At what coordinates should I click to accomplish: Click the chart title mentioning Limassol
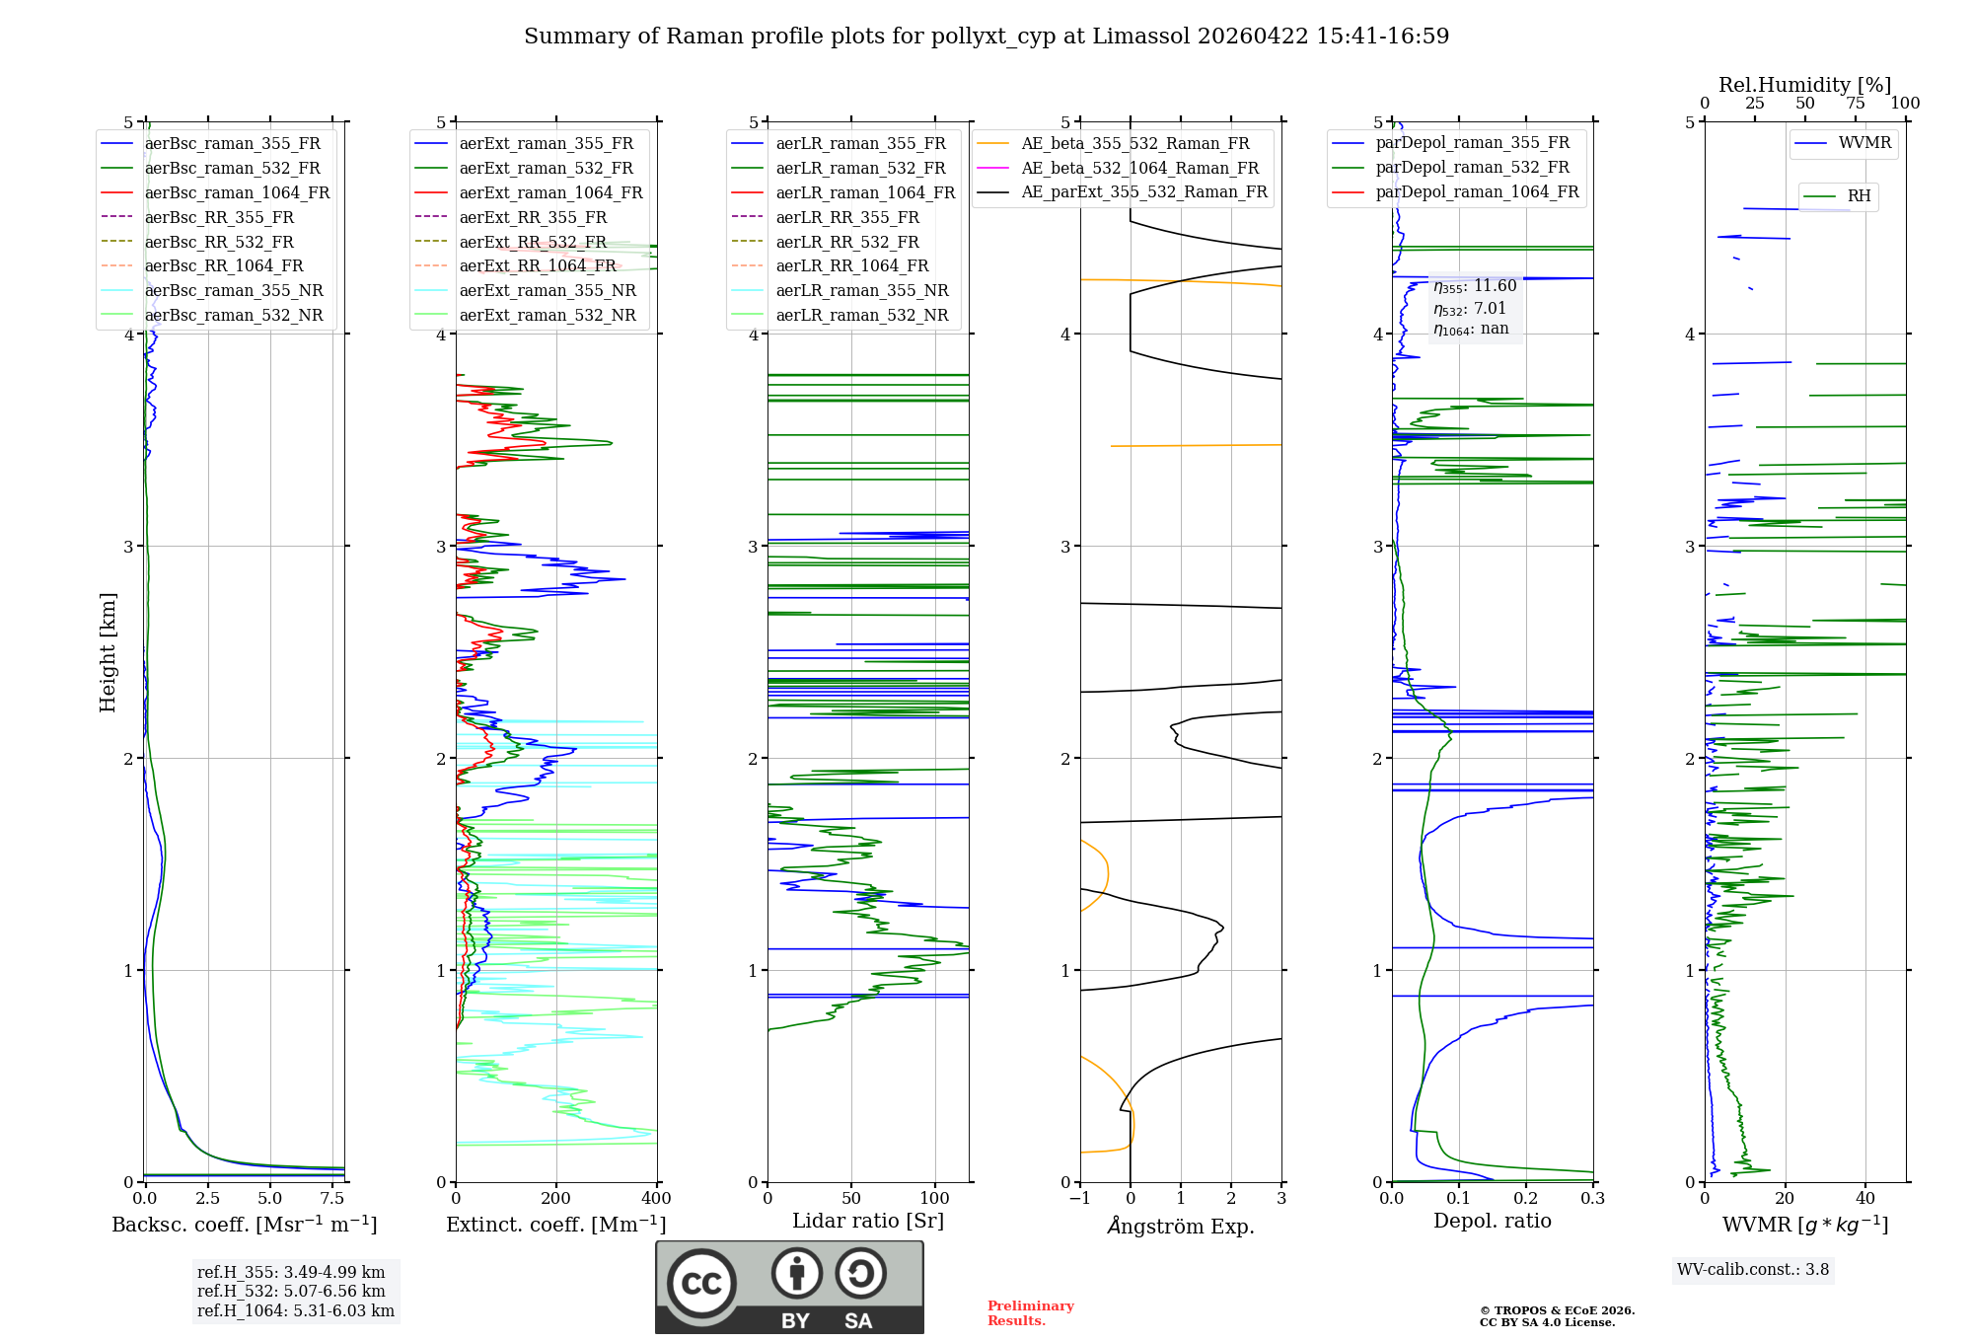[986, 37]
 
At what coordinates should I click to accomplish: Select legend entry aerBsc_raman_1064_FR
[237, 192]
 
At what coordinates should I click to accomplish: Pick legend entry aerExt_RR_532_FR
[533, 242]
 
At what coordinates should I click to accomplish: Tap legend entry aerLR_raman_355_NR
[861, 290]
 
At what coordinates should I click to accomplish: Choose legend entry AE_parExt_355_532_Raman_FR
[1143, 191]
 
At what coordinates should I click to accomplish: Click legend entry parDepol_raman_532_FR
[1472, 168]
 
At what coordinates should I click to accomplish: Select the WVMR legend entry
[1864, 143]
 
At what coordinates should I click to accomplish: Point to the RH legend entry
[1859, 196]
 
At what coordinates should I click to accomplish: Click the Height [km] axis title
[108, 651]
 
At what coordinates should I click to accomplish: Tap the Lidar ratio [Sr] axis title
[867, 1221]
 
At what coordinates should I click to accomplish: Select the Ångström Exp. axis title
[1181, 1226]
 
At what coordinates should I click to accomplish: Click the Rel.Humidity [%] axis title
[1804, 85]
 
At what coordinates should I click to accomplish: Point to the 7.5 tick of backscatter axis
[332, 1199]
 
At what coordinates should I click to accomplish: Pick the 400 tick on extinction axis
[656, 1199]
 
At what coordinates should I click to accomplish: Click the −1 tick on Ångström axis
[1079, 1199]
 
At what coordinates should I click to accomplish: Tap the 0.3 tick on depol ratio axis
[1592, 1199]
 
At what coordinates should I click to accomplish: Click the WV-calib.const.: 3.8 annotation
[1752, 1270]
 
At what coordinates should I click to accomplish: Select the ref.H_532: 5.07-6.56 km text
[291, 1291]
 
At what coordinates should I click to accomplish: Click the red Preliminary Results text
[1030, 1313]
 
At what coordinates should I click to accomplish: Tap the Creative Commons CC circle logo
[701, 1284]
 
